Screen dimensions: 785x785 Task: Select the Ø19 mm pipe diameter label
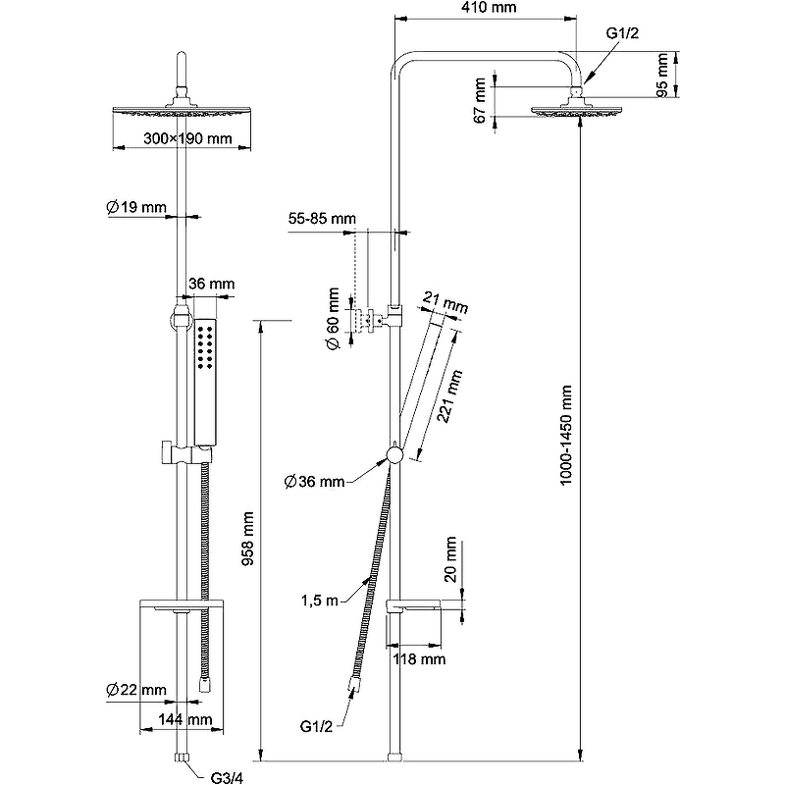click(x=136, y=207)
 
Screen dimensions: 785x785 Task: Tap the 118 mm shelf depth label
click(x=419, y=659)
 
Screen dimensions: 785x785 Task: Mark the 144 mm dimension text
click(x=185, y=719)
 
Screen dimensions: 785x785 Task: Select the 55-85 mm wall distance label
click(x=323, y=218)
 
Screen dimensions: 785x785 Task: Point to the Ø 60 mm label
click(x=333, y=318)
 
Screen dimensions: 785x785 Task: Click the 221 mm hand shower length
click(x=448, y=396)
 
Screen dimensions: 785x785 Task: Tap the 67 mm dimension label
click(x=481, y=100)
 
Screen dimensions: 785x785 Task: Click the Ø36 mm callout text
click(x=315, y=481)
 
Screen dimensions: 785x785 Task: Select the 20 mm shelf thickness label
click(x=450, y=559)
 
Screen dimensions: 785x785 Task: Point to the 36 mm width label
click(x=211, y=285)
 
